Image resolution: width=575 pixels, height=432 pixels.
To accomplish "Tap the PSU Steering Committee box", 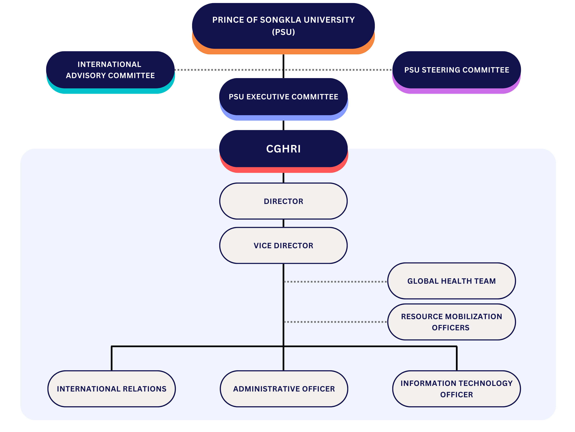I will (456, 70).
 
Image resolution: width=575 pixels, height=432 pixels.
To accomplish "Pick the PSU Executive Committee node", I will (283, 97).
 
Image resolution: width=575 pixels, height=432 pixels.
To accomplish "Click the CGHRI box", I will (283, 149).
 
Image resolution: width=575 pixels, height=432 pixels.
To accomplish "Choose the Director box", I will (283, 201).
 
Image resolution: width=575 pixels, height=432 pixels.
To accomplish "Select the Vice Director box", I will (283, 245).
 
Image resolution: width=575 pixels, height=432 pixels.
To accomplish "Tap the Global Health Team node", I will (451, 281).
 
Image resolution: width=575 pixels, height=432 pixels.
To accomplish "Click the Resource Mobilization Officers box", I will (451, 322).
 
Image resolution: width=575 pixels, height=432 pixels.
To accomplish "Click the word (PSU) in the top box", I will (283, 32).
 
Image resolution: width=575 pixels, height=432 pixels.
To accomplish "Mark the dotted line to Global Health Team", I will (335, 282).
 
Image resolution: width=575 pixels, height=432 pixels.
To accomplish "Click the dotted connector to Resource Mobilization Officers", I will (335, 322).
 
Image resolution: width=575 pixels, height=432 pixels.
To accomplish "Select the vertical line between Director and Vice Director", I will (283, 223).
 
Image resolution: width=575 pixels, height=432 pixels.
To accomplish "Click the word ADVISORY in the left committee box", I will (86, 76).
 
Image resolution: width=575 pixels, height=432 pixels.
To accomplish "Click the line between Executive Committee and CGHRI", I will (283, 125).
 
